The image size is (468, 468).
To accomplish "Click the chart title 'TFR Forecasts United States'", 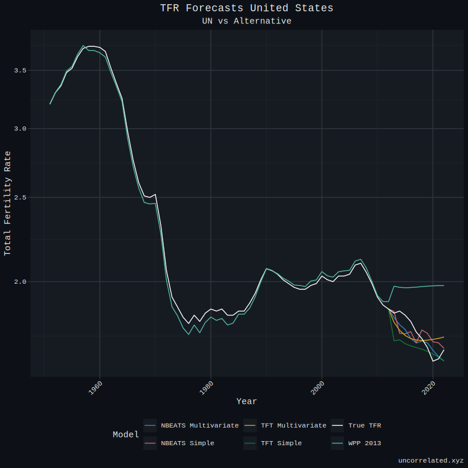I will (246, 8).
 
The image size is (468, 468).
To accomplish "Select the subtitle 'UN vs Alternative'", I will (246, 21).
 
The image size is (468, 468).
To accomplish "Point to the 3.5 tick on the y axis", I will (20, 70).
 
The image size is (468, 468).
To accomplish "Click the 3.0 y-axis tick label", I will (20, 129).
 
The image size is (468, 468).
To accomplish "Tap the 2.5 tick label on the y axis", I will (20, 198).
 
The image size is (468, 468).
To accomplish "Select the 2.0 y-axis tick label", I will (20, 281).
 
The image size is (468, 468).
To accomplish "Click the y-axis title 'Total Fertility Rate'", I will (8, 203).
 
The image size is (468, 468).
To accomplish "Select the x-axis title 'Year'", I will (246, 401).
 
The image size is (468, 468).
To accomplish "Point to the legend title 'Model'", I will (126, 435).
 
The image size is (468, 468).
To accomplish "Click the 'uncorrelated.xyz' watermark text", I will (431, 461).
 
